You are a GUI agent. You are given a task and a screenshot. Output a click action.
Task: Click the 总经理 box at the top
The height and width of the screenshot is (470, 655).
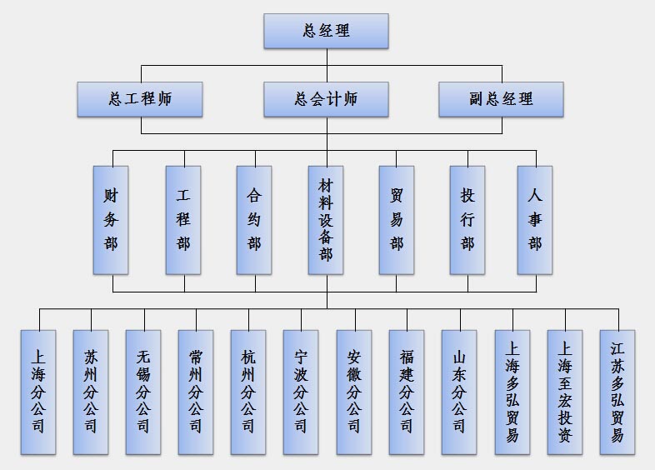(327, 31)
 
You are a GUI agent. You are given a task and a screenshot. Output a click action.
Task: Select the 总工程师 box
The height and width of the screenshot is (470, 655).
(140, 99)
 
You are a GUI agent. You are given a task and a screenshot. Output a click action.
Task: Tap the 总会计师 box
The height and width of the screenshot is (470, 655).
(327, 99)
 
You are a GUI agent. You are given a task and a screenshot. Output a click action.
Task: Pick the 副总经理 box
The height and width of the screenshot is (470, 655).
(501, 99)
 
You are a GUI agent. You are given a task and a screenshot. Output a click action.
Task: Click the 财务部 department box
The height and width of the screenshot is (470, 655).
(111, 220)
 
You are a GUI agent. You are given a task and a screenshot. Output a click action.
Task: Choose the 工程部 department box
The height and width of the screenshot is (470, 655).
(183, 220)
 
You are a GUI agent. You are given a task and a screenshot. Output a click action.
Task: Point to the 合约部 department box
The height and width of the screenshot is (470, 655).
(254, 220)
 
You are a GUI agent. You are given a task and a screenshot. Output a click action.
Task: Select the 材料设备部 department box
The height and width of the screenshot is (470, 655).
(326, 220)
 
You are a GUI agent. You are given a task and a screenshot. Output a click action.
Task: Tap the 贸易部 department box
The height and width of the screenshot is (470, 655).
(397, 220)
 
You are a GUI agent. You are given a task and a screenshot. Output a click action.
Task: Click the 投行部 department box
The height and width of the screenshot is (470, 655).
(467, 220)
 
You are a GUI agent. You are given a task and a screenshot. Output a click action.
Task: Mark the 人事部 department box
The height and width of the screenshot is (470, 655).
(535, 220)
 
